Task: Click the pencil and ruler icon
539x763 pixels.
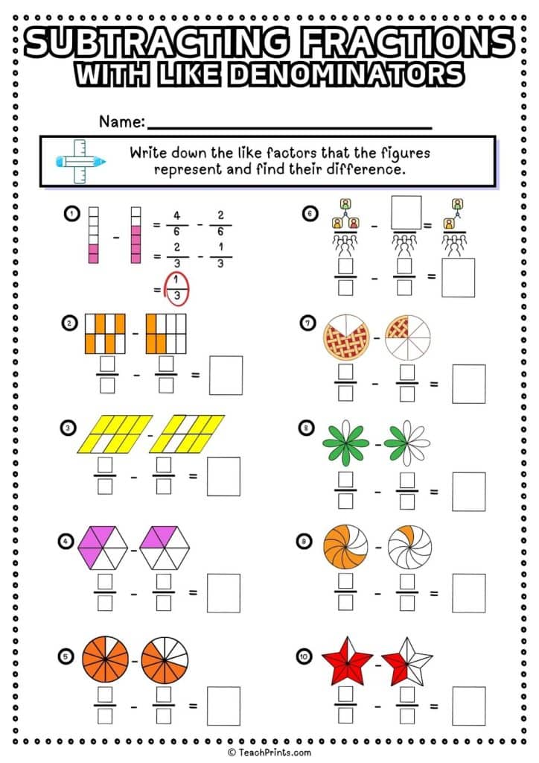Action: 80,160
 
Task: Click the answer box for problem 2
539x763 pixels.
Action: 225,375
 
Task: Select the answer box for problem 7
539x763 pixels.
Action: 468,384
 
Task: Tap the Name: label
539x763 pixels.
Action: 121,121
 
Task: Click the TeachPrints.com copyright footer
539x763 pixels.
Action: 269,753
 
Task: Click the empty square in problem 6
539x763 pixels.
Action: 406,212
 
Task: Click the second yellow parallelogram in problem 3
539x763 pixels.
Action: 187,434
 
